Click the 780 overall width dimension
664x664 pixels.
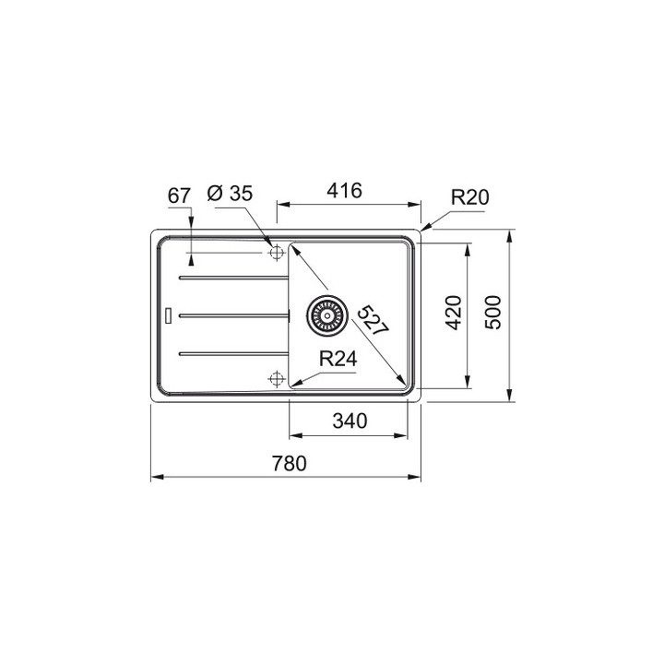point(286,464)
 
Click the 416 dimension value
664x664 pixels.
point(343,191)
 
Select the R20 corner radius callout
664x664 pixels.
point(469,196)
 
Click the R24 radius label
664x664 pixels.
point(338,360)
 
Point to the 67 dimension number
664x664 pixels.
point(180,195)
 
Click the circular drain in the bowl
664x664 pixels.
point(327,314)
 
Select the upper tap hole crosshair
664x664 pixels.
point(275,252)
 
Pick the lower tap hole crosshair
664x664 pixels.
point(275,377)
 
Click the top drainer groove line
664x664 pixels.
point(231,276)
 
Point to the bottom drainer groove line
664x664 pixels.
point(231,351)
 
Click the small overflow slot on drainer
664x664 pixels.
point(167,314)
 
